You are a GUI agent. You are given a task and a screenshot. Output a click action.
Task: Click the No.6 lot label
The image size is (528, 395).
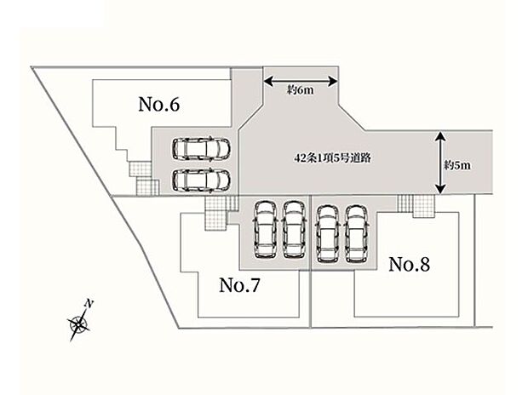(159, 105)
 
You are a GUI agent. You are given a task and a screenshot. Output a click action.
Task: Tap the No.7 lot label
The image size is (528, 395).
(239, 285)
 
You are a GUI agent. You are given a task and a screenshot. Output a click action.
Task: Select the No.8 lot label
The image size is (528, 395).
(409, 265)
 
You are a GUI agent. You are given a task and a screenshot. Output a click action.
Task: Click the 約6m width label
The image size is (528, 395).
(300, 90)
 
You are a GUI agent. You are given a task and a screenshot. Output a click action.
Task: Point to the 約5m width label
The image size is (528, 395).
(457, 165)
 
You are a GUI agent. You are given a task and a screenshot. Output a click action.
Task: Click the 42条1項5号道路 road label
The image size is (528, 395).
(332, 157)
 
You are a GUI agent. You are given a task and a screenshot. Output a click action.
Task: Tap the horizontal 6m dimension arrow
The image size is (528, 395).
(301, 81)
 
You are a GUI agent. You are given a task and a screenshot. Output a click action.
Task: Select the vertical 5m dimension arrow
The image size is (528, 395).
(441, 163)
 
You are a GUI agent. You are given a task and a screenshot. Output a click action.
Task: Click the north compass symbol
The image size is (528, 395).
(78, 324)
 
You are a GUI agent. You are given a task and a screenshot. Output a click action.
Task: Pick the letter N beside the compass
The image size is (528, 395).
(89, 303)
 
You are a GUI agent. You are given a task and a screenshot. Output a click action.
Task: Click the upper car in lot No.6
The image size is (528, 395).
(201, 148)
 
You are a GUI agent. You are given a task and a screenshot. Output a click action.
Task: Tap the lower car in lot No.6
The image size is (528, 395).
(201, 180)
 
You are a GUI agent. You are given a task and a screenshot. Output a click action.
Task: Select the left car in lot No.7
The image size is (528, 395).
(266, 230)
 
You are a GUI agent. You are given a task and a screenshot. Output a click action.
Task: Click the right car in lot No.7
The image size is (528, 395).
(294, 230)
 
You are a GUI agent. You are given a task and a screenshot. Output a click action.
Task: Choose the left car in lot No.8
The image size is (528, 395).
(329, 233)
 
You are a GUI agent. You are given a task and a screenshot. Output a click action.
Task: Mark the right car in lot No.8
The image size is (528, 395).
(356, 233)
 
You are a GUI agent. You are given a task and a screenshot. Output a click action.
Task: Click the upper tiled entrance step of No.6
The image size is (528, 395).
(140, 169)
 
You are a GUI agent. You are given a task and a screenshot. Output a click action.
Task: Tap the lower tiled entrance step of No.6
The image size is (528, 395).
(147, 186)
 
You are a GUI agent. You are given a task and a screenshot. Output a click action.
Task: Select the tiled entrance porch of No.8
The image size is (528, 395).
(416, 206)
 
